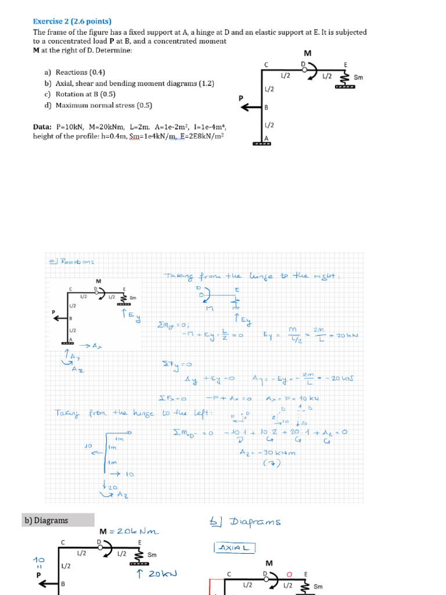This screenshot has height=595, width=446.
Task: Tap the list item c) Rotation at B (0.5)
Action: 80,94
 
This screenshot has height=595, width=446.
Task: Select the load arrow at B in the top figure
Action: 251,107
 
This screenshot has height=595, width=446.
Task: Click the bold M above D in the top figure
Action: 308,53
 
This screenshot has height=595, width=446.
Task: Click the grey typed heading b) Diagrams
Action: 46,520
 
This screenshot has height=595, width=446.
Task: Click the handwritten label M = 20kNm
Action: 129,531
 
